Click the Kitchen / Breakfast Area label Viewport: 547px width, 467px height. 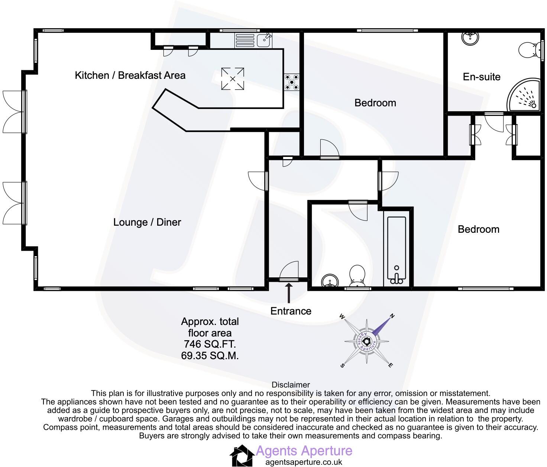click(x=130, y=75)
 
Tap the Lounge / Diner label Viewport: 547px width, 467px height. click(x=147, y=222)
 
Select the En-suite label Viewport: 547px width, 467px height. click(x=482, y=77)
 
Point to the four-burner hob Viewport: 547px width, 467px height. click(x=292, y=82)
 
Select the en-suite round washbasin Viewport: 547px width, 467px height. click(x=470, y=38)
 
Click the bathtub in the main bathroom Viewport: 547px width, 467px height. click(x=397, y=250)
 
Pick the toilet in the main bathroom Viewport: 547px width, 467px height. click(x=357, y=276)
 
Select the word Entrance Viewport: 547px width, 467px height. click(x=291, y=311)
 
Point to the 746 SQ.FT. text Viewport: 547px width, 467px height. click(x=210, y=344)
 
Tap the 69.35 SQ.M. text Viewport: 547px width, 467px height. click(x=210, y=355)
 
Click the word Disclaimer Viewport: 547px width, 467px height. click(x=291, y=385)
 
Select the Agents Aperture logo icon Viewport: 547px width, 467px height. click(x=242, y=455)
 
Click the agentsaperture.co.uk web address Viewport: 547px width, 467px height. click(x=304, y=462)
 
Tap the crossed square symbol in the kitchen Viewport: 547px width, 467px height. click(x=233, y=79)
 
